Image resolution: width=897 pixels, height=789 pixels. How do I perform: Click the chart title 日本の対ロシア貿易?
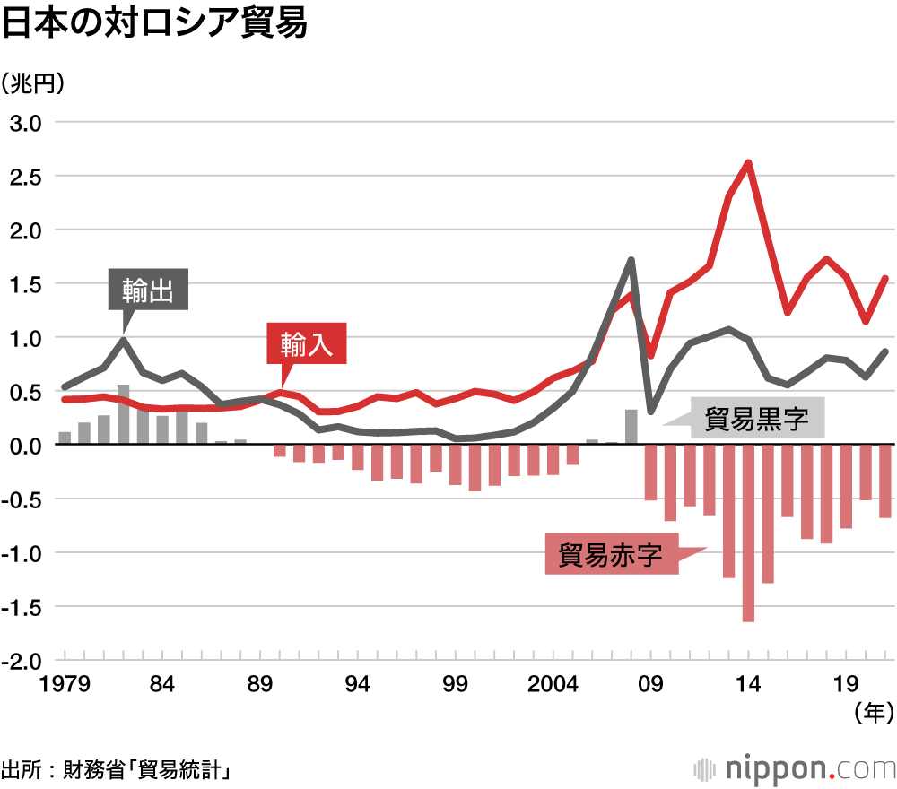pyautogui.click(x=154, y=24)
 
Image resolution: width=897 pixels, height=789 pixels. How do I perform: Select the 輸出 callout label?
pyautogui.click(x=148, y=290)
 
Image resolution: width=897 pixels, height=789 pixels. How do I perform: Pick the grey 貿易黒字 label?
pyautogui.click(x=756, y=419)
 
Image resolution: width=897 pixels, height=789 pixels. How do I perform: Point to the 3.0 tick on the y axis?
pyautogui.click(x=26, y=122)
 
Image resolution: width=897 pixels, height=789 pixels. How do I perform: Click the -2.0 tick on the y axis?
pyautogui.click(x=23, y=661)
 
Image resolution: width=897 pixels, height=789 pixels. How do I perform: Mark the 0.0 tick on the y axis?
pyautogui.click(x=26, y=446)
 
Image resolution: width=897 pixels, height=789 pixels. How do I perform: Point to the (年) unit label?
pyautogui.click(x=873, y=713)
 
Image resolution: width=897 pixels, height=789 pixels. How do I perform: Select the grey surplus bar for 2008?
pyautogui.click(x=631, y=426)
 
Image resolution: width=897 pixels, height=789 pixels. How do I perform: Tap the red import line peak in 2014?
pyautogui.click(x=748, y=163)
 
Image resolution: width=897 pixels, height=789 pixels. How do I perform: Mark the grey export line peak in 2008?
pyautogui.click(x=631, y=260)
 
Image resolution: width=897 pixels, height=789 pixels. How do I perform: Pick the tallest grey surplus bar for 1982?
pyautogui.click(x=123, y=414)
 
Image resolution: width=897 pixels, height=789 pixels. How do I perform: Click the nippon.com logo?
pyautogui.click(x=795, y=767)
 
